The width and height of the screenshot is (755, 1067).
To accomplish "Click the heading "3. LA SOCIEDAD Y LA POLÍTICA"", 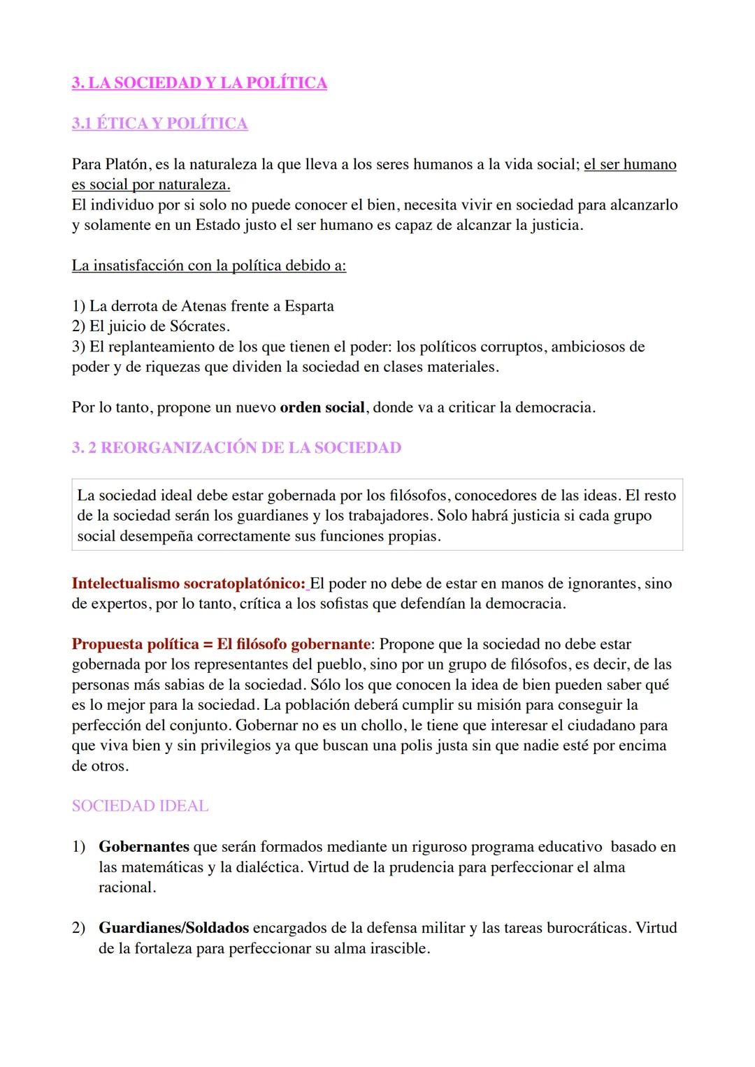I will pos(199,83).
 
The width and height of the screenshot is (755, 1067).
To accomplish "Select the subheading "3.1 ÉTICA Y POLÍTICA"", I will pos(159,124).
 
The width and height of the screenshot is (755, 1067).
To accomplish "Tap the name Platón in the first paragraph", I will pos(127,165).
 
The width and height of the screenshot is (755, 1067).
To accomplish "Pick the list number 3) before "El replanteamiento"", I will pos(78,347).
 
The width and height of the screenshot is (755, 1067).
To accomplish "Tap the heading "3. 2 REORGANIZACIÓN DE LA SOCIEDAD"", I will pos(236,448).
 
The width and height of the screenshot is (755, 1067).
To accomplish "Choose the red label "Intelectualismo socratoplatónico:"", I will pos(188,583).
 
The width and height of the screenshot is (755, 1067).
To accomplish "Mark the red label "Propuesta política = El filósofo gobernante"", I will pos(221,644).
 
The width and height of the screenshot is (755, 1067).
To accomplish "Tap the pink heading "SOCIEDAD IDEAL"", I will pos(140,806).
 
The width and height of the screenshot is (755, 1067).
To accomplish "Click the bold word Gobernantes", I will pos(144,847).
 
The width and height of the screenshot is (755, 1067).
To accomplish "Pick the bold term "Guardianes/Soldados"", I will pos(173,928).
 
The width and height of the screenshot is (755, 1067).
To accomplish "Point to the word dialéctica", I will pos(267,867).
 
